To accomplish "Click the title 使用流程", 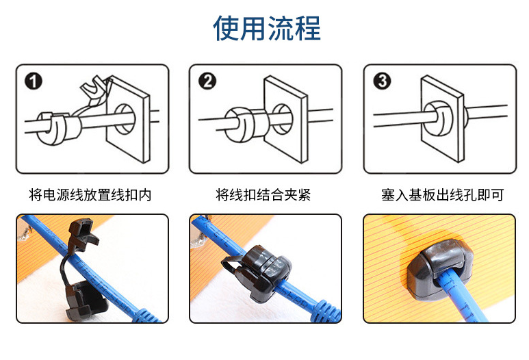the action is (267, 28).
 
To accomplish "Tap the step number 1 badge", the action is (34, 81).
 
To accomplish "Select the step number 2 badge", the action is (207, 81).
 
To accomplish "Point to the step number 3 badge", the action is (382, 81).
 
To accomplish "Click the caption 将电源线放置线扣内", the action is (90, 194).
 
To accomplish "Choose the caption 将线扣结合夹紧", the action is (263, 194).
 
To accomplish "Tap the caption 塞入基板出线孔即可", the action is (443, 194).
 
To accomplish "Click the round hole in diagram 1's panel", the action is (125, 119).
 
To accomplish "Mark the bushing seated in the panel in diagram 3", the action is (439, 118).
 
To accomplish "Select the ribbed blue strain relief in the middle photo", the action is (326, 311).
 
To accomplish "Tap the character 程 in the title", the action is (308, 28).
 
